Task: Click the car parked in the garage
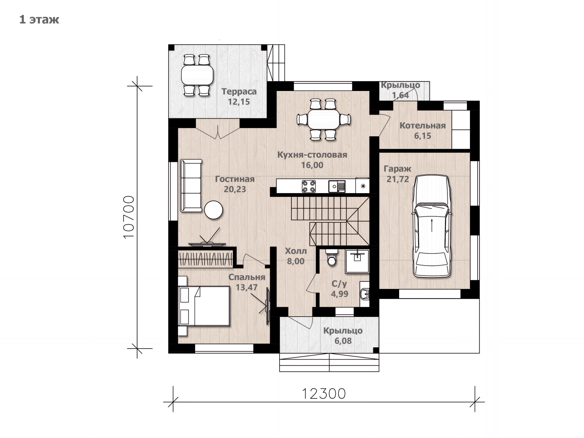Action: (431, 226)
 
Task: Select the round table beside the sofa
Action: (214, 210)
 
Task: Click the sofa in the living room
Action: (191, 185)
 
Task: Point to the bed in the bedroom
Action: (204, 306)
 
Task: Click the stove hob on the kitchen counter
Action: (309, 186)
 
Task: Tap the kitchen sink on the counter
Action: (337, 186)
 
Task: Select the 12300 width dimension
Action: (324, 394)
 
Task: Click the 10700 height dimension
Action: (129, 217)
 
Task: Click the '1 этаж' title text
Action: (39, 20)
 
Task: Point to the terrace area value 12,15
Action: (239, 102)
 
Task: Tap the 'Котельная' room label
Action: (422, 125)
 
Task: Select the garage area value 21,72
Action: (398, 179)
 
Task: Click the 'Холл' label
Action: (296, 251)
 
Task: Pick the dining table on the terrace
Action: (197, 75)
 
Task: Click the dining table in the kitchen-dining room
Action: (324, 119)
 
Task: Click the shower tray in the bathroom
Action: (357, 261)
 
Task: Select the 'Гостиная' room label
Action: (235, 179)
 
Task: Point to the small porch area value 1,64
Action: (400, 95)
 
